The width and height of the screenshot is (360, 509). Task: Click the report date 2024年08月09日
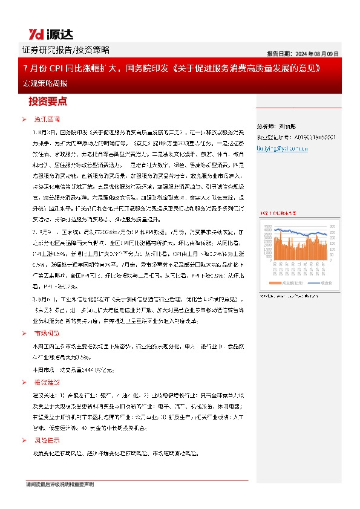point(303,53)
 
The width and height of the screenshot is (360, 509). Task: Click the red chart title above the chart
point(279,213)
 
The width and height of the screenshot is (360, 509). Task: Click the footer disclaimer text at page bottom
point(60,484)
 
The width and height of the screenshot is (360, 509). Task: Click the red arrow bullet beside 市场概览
point(24,334)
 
